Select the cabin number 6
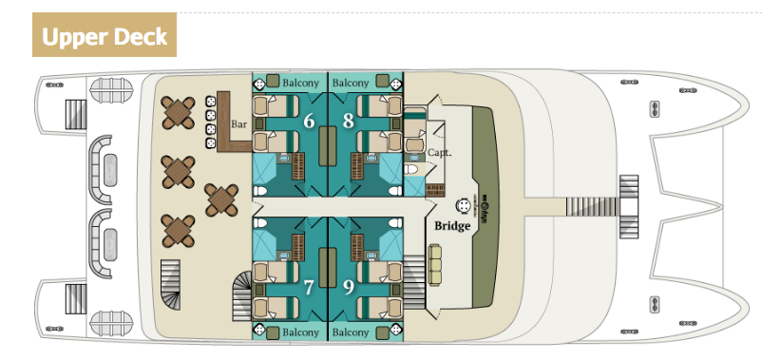(308, 122)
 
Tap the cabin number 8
(348, 122)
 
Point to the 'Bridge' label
(452, 226)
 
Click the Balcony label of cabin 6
(301, 84)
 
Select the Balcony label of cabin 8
(351, 84)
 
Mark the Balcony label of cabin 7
(301, 332)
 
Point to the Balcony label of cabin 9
(351, 332)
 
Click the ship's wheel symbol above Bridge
(464, 204)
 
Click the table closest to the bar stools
(178, 113)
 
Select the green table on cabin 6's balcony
(273, 83)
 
